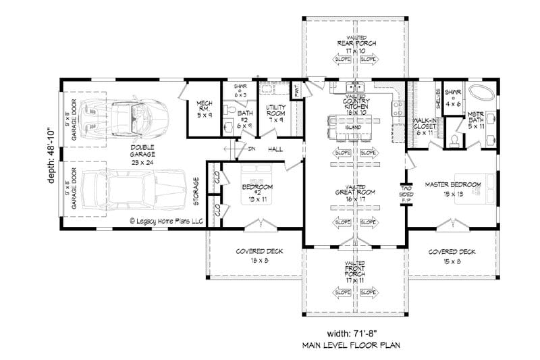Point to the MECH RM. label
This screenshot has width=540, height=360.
tap(205, 108)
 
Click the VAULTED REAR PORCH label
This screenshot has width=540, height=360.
tap(356, 45)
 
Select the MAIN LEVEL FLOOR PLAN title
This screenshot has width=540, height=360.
tap(350, 346)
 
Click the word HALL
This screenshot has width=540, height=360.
tap(275, 149)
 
